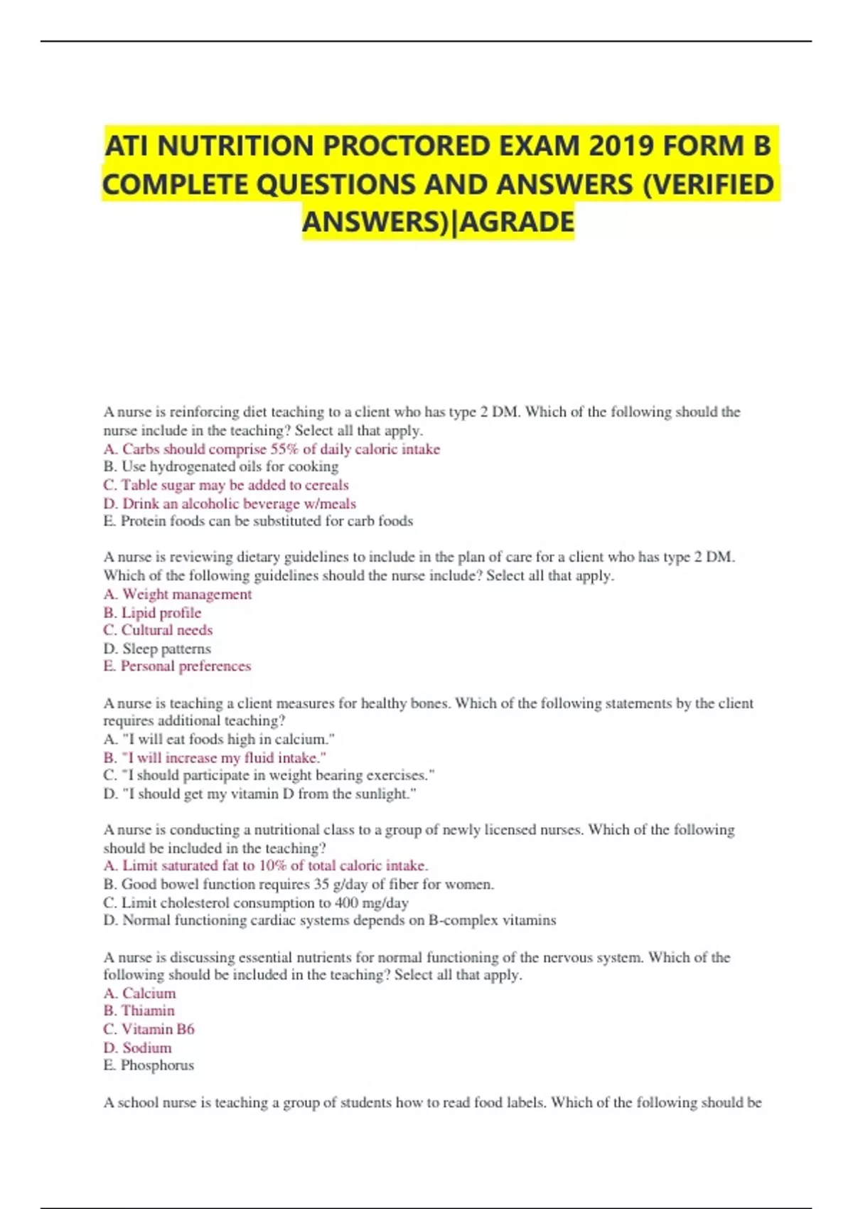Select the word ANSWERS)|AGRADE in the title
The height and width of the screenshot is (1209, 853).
coord(438,222)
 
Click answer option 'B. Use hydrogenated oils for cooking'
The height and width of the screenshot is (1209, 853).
coord(221,467)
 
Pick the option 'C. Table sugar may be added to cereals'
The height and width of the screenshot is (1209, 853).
coord(226,485)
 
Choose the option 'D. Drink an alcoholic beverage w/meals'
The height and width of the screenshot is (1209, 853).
coord(230,504)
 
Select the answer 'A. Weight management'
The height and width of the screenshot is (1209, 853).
coord(178,594)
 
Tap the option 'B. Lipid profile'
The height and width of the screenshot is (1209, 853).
coord(152,612)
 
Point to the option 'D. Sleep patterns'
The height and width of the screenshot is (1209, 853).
coord(157,649)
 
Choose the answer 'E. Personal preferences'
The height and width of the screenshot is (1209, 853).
coord(177,666)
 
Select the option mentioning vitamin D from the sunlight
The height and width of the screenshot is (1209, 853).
coord(259,794)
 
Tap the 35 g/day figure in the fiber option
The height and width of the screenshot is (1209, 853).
coord(336,884)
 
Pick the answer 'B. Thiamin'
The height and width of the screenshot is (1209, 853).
coord(139,1011)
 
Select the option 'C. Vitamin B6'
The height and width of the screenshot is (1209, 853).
coord(149,1029)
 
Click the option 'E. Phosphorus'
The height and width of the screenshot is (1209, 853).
coord(149,1065)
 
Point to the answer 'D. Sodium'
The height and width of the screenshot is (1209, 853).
coord(137,1048)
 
